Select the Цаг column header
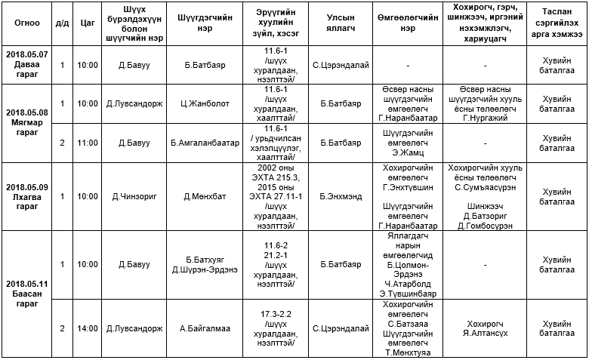coord(88,23)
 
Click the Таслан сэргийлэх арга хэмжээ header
coord(557,23)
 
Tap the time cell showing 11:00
coord(88,142)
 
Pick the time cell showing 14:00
coord(88,328)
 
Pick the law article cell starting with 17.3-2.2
coord(275,328)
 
